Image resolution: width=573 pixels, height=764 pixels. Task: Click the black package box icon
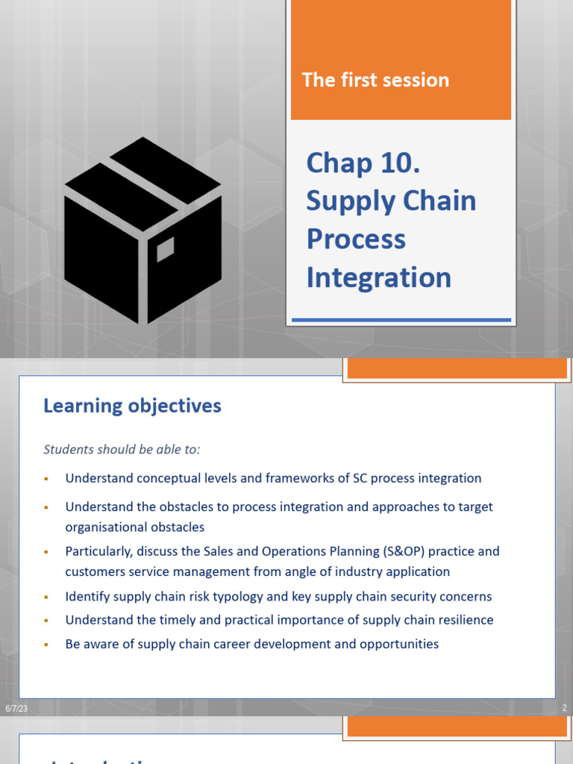[x=143, y=230]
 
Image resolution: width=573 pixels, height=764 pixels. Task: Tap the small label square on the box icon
[x=165, y=249]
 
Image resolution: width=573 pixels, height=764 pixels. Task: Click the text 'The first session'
[x=375, y=80]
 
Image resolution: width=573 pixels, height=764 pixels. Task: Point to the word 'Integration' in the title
[x=378, y=278]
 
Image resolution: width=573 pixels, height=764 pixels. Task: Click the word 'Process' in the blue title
[x=356, y=239]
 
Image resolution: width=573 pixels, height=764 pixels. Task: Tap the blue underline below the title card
[x=401, y=320]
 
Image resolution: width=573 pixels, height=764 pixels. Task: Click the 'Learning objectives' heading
[x=132, y=406]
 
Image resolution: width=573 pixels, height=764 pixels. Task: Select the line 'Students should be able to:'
[x=122, y=449]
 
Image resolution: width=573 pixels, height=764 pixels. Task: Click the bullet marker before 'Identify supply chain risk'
[x=46, y=598]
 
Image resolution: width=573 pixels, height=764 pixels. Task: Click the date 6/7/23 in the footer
[x=16, y=708]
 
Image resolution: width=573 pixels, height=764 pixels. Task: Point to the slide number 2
[x=564, y=708]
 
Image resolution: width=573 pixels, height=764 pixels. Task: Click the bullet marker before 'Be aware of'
[x=46, y=645]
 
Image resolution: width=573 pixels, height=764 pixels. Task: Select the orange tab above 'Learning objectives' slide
[x=457, y=369]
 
